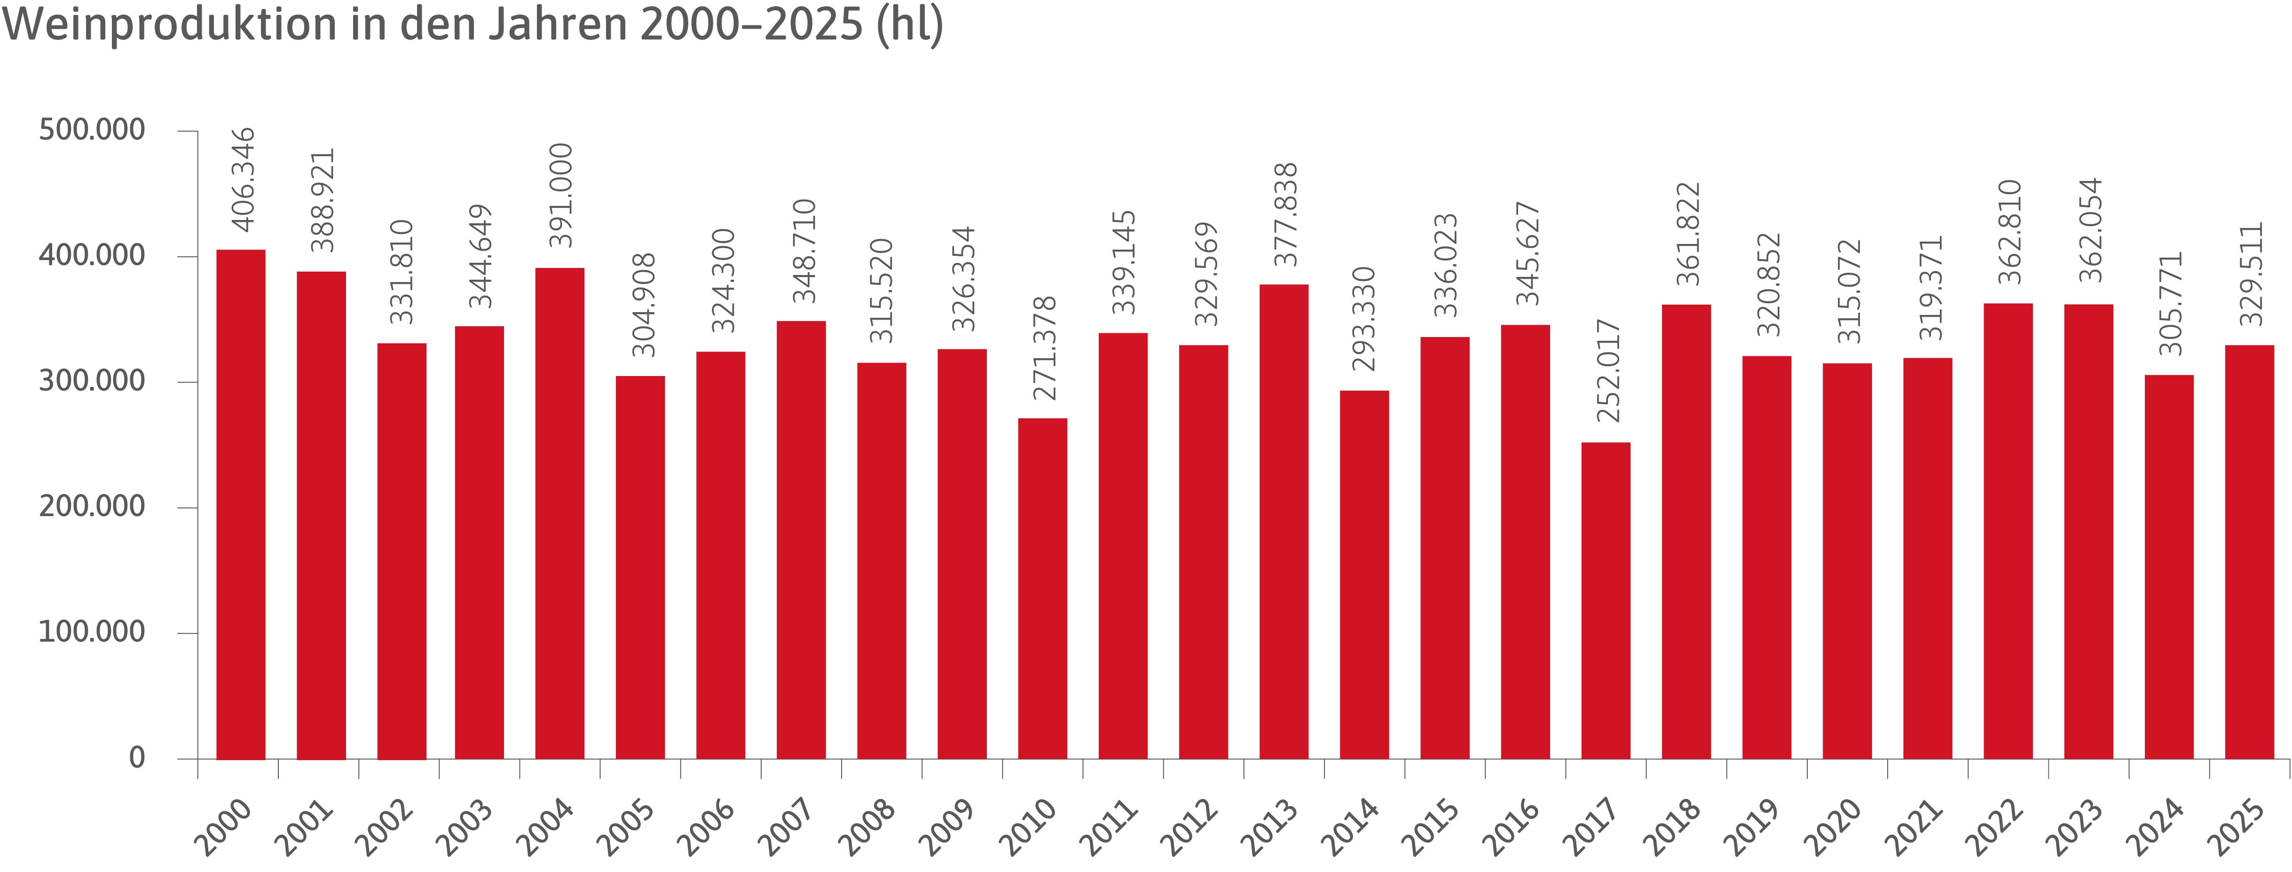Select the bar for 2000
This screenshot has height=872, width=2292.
(241, 504)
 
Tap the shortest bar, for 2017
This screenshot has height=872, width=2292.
(1606, 601)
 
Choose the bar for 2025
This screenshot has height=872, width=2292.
(2249, 552)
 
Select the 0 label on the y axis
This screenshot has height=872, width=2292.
(137, 758)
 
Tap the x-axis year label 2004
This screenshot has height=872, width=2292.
(544, 827)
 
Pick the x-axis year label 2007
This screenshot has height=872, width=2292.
(786, 827)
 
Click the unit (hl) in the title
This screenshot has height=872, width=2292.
(910, 25)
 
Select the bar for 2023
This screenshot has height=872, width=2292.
(2088, 532)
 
